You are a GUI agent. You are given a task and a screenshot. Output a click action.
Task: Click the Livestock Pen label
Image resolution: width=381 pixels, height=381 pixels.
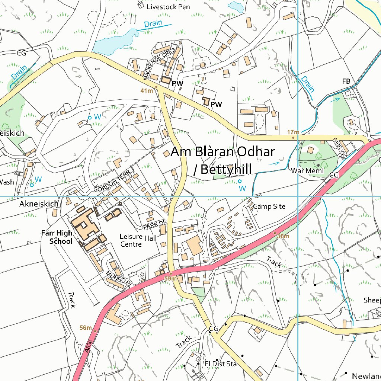click(x=168, y=7)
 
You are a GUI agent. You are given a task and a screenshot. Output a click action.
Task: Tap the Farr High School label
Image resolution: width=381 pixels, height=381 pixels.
click(x=57, y=237)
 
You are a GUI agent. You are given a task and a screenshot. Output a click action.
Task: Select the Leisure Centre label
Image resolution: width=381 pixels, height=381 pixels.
click(x=131, y=240)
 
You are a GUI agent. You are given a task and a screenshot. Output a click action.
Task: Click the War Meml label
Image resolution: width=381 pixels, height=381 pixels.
click(x=308, y=171)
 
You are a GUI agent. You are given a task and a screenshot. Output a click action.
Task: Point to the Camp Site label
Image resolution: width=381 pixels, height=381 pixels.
click(x=269, y=206)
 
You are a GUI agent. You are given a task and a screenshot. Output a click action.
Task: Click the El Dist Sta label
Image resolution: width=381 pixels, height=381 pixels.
click(x=221, y=364)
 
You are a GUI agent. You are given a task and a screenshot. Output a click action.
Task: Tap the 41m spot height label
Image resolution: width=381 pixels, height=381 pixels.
click(x=147, y=91)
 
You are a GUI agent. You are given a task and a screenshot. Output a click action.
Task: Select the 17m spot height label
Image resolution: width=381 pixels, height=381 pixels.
click(x=293, y=132)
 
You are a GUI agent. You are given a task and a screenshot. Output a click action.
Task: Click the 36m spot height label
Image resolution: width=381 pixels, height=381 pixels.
click(x=283, y=236)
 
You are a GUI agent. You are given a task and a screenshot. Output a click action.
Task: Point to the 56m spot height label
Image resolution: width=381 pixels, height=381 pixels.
click(x=86, y=328)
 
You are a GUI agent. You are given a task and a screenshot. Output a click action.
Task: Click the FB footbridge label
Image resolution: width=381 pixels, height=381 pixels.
click(x=346, y=81)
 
